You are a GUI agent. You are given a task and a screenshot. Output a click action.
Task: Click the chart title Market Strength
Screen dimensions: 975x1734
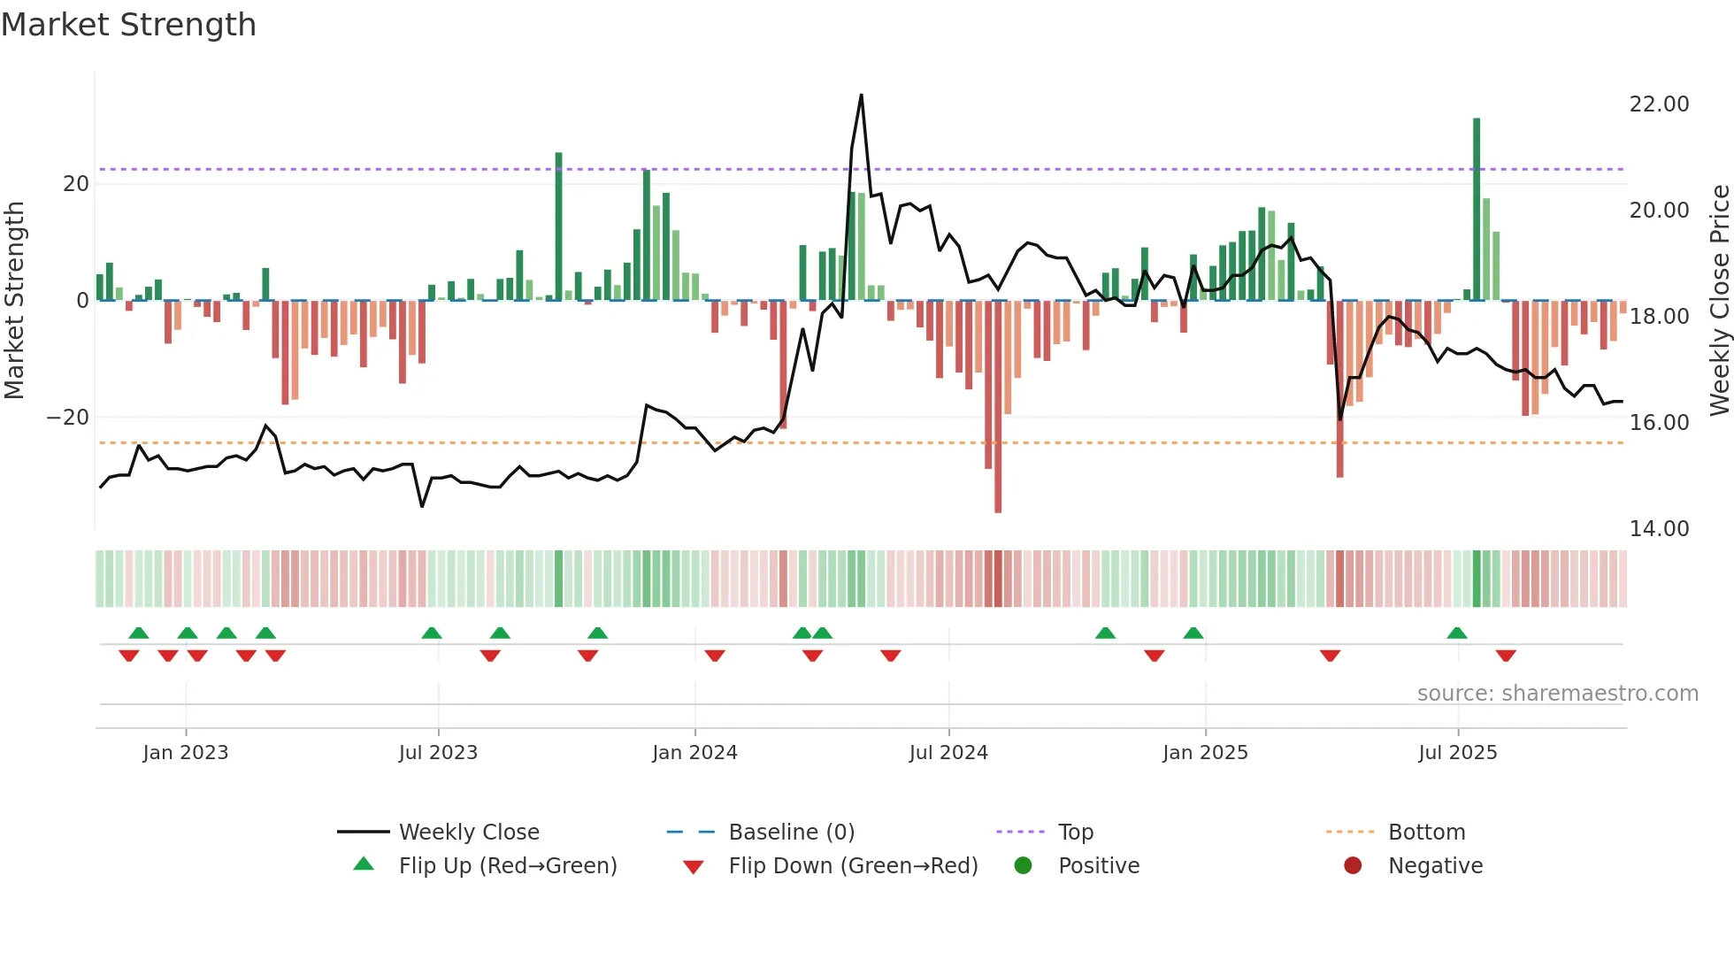[128, 25]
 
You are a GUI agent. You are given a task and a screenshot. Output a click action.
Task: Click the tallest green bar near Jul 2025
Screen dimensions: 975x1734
[1477, 209]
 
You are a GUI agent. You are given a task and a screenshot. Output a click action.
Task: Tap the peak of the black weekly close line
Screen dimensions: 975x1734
[861, 96]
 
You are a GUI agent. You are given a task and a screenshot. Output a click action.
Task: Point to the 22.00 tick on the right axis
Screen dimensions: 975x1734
[1659, 104]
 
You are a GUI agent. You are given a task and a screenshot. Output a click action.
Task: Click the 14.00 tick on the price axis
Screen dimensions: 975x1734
[1659, 529]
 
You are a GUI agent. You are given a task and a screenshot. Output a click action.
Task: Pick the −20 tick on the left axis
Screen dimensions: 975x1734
[67, 418]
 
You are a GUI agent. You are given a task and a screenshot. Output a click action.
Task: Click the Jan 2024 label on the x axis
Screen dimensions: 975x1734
[694, 753]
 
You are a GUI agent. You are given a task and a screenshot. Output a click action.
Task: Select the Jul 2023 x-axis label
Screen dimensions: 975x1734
[438, 753]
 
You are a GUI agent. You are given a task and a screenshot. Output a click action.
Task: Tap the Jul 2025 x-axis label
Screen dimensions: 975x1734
[1457, 753]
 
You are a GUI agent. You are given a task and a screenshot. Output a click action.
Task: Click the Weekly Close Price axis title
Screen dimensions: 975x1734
[1719, 301]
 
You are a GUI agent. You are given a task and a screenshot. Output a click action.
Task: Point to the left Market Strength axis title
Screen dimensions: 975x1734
[14, 301]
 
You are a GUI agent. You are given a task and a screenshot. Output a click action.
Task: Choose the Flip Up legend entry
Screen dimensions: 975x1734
[507, 866]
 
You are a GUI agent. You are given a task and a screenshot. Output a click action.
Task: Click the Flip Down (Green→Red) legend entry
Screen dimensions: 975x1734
[852, 866]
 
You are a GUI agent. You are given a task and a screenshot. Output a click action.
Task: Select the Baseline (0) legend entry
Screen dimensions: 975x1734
[791, 833]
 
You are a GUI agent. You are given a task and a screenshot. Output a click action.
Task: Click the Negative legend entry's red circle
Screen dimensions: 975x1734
[1353, 866]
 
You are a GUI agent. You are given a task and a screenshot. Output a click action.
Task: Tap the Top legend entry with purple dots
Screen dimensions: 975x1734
[1075, 833]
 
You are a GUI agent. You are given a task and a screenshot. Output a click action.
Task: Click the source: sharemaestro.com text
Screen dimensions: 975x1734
[1557, 694]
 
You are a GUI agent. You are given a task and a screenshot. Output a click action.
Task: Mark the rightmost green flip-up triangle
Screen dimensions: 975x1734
[1457, 633]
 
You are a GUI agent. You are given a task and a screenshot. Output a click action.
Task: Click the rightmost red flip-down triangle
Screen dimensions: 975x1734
[1506, 656]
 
